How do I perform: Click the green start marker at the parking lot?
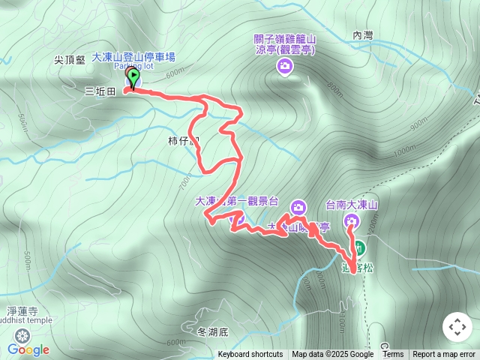[x=133, y=78]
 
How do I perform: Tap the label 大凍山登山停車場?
[x=133, y=56]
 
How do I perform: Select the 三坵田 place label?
[x=100, y=90]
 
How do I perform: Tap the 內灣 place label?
[x=362, y=34]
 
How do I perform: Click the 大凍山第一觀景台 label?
[x=236, y=201]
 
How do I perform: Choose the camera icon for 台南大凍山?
[x=352, y=220]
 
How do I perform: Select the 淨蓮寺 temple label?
[x=21, y=310]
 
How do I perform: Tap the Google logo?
[x=28, y=349]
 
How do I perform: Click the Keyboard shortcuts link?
[x=250, y=355]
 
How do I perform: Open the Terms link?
[x=393, y=355]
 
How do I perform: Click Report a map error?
[x=444, y=355]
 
